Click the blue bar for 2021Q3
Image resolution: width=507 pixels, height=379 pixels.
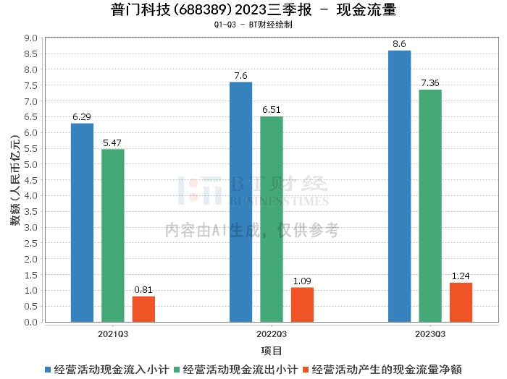(x=83, y=223)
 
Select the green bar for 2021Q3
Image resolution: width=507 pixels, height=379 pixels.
(x=113, y=236)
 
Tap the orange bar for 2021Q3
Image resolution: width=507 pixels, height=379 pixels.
(x=143, y=309)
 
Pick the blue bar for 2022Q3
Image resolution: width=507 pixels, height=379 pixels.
(x=240, y=202)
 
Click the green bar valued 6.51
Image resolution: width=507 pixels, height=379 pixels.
(x=272, y=219)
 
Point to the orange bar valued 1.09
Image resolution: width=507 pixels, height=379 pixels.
(x=302, y=305)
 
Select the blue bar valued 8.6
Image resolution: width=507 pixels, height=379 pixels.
(x=399, y=186)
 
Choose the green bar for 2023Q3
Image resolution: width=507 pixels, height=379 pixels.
(x=430, y=205)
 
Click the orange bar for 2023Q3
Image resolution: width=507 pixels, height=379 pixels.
(x=461, y=302)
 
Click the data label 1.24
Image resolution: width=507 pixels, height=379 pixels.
(x=461, y=276)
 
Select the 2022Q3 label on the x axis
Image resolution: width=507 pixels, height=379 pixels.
(x=272, y=333)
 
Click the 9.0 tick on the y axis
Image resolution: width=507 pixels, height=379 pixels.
(x=30, y=38)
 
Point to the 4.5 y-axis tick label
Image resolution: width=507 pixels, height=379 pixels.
(x=30, y=180)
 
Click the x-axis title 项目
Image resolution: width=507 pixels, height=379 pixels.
(x=272, y=351)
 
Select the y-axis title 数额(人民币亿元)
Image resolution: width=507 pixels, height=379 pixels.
(x=14, y=180)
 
